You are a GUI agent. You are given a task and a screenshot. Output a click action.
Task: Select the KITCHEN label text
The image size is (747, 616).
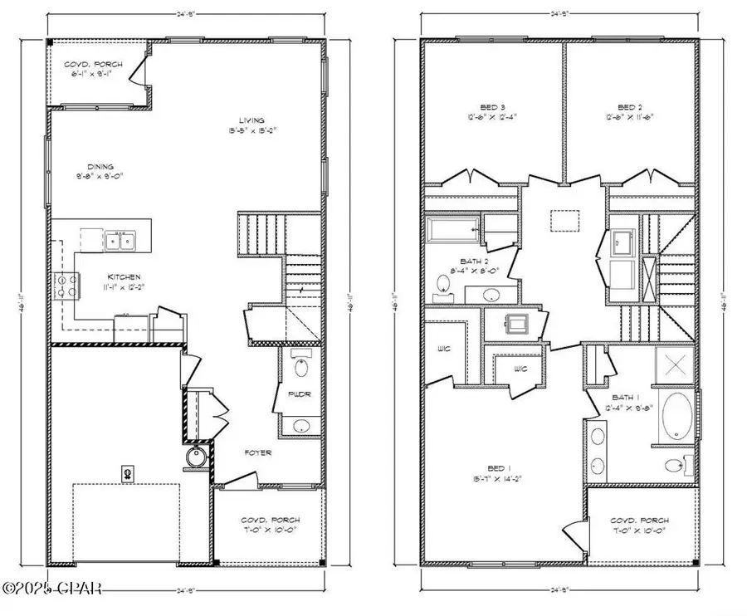pos(123,276)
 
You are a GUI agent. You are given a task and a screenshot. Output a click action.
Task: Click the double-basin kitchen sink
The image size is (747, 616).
pos(122,241)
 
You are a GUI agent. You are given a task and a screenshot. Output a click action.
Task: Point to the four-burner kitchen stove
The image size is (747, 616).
pos(63,286)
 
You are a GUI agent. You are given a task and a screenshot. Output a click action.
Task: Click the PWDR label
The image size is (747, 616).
pos(300,394)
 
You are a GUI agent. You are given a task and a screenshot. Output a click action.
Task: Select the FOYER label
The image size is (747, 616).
pos(257,453)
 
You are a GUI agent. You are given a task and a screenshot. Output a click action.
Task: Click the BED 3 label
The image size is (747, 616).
pos(469,107)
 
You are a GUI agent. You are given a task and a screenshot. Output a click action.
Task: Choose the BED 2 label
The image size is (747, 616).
pos(631,107)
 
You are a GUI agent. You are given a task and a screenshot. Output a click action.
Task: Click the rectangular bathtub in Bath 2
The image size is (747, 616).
pos(453,227)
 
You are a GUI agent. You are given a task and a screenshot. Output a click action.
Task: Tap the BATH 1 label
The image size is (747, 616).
pos(630,398)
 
